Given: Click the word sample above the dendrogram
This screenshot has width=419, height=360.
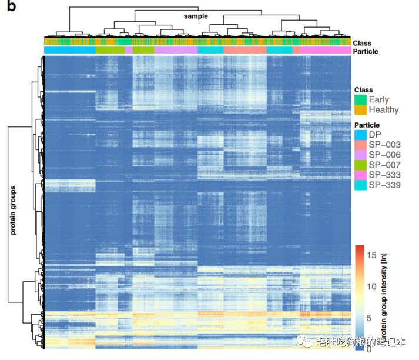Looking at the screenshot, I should [x=196, y=16].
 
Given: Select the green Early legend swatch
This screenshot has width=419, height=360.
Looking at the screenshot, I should [x=360, y=99].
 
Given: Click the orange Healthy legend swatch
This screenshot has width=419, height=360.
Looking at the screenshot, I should [x=360, y=109].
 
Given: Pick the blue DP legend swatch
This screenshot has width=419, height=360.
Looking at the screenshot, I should [x=360, y=135].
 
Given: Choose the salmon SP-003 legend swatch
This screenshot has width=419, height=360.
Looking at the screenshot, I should [x=360, y=145].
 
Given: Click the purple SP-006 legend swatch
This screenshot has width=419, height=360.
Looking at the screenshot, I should [x=360, y=155].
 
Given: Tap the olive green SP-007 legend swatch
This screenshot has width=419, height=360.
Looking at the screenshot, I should [x=360, y=165].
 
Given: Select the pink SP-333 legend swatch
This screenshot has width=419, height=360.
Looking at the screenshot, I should [x=360, y=175].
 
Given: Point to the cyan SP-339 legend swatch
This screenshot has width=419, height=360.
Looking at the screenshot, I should [x=360, y=185].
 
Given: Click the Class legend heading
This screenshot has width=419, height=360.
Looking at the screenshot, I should [x=363, y=89].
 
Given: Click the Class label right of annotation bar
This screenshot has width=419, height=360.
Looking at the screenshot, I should [x=362, y=42].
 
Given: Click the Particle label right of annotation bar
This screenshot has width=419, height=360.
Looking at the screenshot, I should [x=366, y=52].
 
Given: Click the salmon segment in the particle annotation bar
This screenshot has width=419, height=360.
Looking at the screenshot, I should [x=245, y=51].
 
